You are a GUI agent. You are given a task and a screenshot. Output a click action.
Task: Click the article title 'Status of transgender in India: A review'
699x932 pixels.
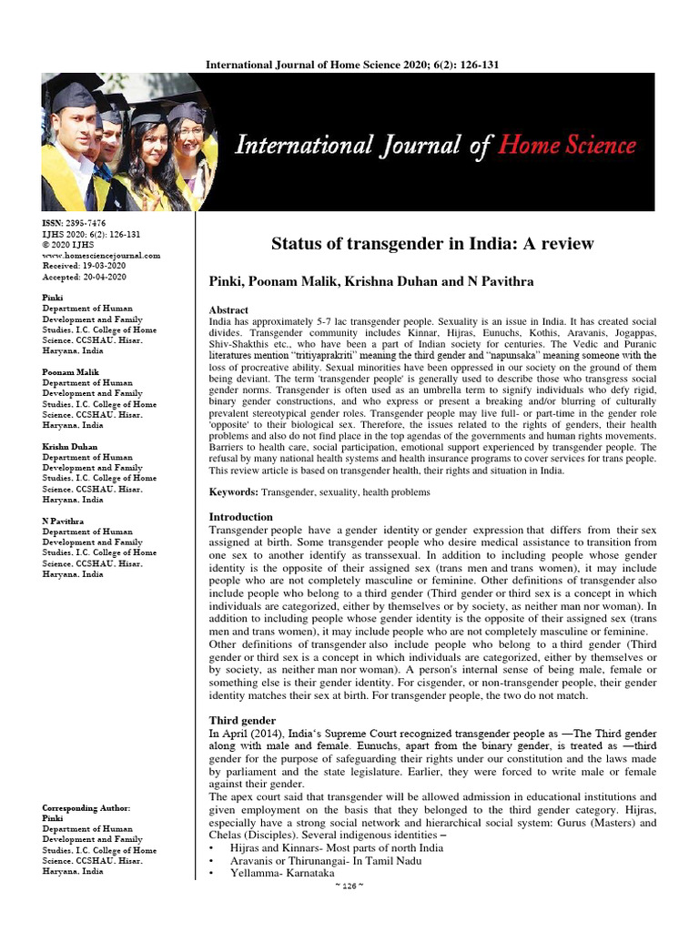(x=432, y=243)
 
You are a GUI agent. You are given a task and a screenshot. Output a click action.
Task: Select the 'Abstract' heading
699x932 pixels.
(x=228, y=310)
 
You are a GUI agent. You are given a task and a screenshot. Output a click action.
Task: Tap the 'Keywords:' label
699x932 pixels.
(x=234, y=492)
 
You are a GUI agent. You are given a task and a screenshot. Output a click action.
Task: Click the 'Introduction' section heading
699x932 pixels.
(x=241, y=517)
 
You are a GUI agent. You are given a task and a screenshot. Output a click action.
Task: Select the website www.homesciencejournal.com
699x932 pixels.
(x=101, y=256)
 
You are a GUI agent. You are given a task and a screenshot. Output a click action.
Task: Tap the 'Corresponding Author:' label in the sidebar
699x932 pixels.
(x=86, y=808)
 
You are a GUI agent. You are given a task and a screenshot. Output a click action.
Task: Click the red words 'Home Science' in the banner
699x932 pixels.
(x=566, y=145)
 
